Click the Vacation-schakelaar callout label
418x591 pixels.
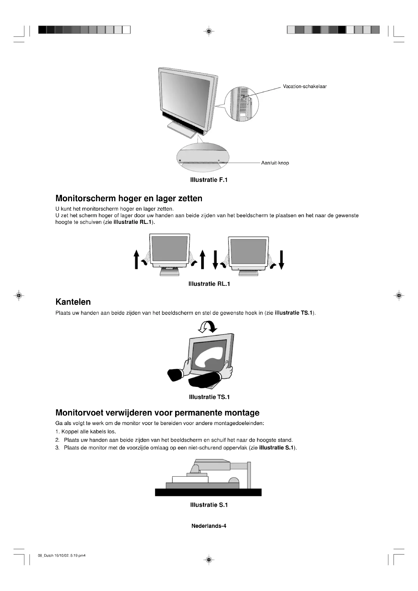[305, 86]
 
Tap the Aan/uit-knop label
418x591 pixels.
[275, 163]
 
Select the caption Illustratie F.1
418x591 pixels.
[209, 180]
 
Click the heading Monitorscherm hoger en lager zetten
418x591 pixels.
[129, 198]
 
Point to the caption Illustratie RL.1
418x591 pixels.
[209, 284]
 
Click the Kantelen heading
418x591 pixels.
[73, 302]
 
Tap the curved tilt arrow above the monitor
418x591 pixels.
[208, 327]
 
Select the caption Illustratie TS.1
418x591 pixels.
[209, 397]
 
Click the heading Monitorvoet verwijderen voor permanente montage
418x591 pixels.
[157, 413]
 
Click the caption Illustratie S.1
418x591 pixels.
[209, 505]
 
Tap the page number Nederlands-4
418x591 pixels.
[209, 526]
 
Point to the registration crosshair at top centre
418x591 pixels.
[209, 31]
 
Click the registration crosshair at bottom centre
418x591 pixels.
[209, 560]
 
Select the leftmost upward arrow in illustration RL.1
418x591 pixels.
[136, 260]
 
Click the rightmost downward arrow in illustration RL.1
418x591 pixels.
[282, 260]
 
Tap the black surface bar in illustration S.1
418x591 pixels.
[208, 492]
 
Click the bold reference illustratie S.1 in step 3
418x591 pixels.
[276, 448]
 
